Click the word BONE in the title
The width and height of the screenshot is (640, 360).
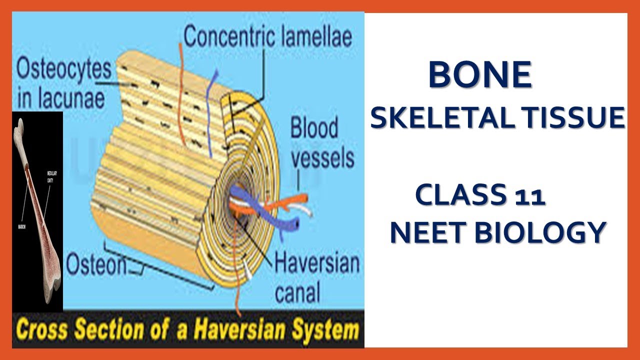(479, 75)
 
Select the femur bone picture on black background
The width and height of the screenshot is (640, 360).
(37, 210)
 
